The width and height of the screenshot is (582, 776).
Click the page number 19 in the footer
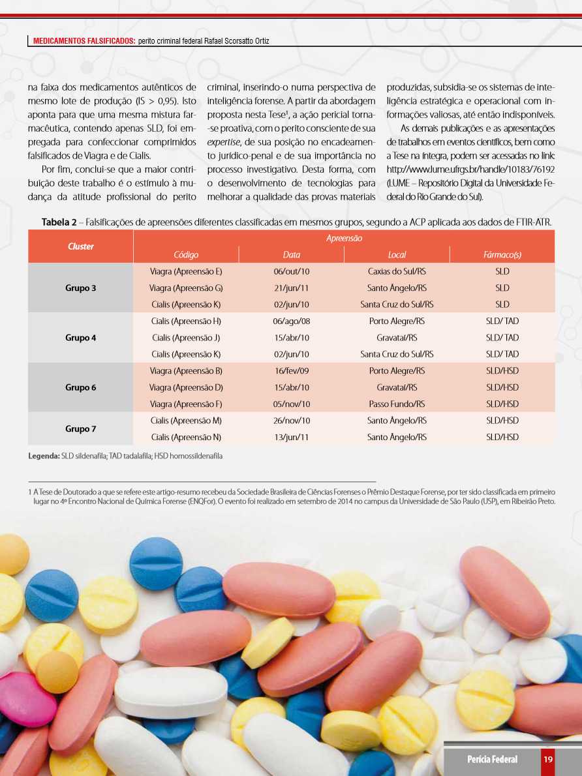click(x=548, y=759)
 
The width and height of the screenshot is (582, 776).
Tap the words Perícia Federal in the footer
click(x=492, y=759)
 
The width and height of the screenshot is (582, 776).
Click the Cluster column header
click(x=81, y=246)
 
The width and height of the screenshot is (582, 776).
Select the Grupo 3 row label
click(x=81, y=288)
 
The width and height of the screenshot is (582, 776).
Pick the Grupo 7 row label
click(x=81, y=428)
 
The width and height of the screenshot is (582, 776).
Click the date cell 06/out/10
click(x=291, y=271)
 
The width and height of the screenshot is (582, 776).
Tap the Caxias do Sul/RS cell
click(x=397, y=271)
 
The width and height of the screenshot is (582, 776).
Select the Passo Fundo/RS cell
click(x=397, y=404)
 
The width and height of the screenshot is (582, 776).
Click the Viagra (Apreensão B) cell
click(x=186, y=371)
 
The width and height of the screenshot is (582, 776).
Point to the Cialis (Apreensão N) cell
click(x=186, y=437)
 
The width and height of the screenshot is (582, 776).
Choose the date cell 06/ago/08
click(x=291, y=321)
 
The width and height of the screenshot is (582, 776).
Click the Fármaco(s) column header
click(x=502, y=255)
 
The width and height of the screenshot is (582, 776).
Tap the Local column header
click(x=397, y=255)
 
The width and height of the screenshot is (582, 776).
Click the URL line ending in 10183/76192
click(x=470, y=168)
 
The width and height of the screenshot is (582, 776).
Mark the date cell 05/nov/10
click(x=291, y=404)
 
